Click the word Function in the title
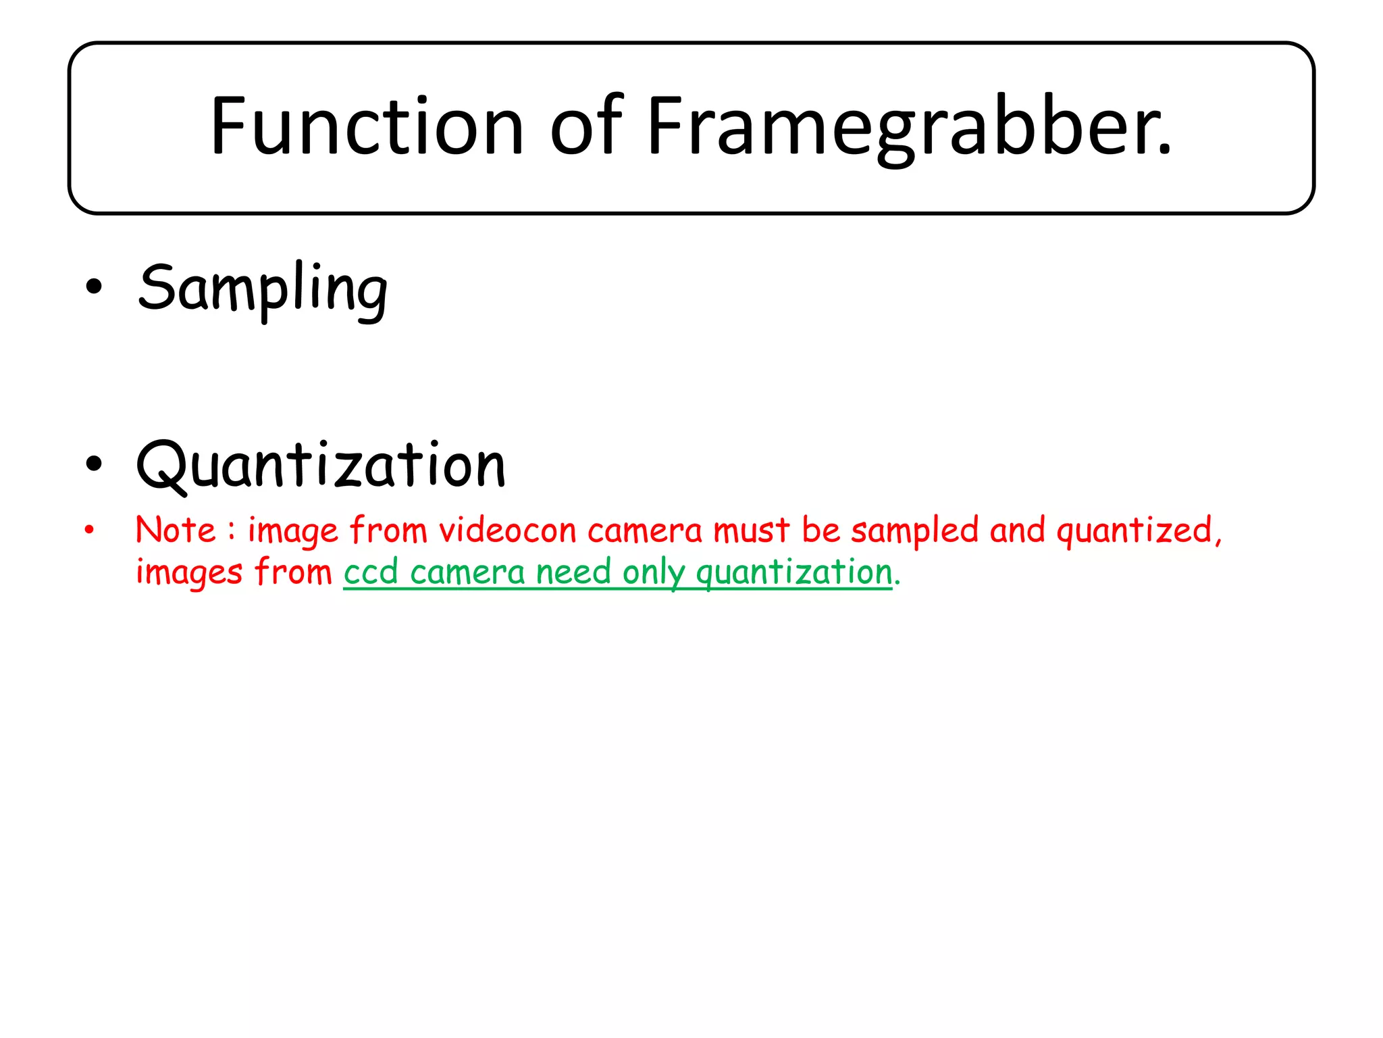click(x=367, y=126)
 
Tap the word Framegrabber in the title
click(x=908, y=126)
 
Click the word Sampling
click(x=263, y=289)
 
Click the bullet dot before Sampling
click(x=94, y=287)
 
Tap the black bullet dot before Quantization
click(x=94, y=464)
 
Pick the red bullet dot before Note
click(x=89, y=530)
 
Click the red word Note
click(x=176, y=530)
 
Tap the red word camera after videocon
click(x=645, y=531)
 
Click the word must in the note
click(x=751, y=530)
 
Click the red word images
click(x=189, y=573)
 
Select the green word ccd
click(x=371, y=573)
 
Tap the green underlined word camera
click(x=467, y=573)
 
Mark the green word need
click(x=573, y=573)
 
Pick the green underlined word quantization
click(x=794, y=573)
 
